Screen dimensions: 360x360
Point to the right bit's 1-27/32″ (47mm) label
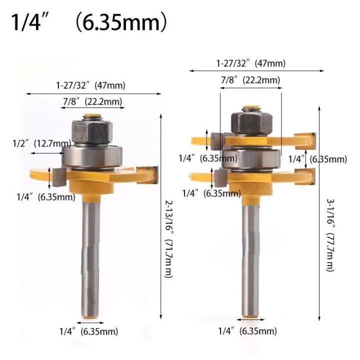point(250,63)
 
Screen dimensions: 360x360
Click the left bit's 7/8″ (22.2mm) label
point(92,102)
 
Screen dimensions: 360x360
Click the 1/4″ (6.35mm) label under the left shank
point(88,331)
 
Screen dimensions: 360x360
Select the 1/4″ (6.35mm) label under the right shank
point(247,331)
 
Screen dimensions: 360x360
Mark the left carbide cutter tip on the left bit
point(56,174)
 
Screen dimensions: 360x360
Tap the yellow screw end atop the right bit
point(250,107)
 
